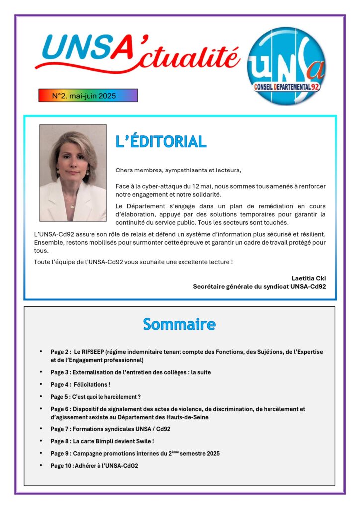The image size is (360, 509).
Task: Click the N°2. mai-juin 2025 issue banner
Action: (x=88, y=95)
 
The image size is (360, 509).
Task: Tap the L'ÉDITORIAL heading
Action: (x=161, y=142)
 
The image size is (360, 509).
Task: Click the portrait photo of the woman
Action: (x=73, y=172)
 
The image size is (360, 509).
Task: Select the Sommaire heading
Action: (x=179, y=324)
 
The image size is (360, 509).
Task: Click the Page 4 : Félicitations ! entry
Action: (x=81, y=384)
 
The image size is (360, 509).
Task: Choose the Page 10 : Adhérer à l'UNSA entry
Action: (x=94, y=466)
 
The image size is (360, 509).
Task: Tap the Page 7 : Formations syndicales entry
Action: (x=110, y=429)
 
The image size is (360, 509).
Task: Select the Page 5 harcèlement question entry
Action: (x=95, y=397)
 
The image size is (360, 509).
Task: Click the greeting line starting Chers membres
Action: (x=178, y=170)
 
